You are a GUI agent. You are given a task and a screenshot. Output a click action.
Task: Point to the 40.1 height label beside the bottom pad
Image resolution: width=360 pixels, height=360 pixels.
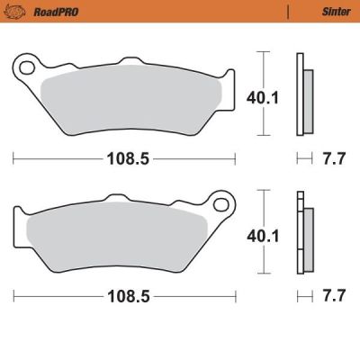(x=257, y=236)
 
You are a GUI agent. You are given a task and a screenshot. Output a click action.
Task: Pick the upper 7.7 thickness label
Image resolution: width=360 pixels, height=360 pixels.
(x=334, y=159)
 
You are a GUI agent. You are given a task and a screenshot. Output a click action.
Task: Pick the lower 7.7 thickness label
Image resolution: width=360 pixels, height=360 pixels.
(x=334, y=295)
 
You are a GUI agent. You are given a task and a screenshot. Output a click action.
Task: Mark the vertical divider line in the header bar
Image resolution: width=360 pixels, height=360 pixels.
(x=288, y=12)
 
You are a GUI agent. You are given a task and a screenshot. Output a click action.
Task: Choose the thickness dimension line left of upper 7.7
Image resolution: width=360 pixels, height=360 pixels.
(x=304, y=158)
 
